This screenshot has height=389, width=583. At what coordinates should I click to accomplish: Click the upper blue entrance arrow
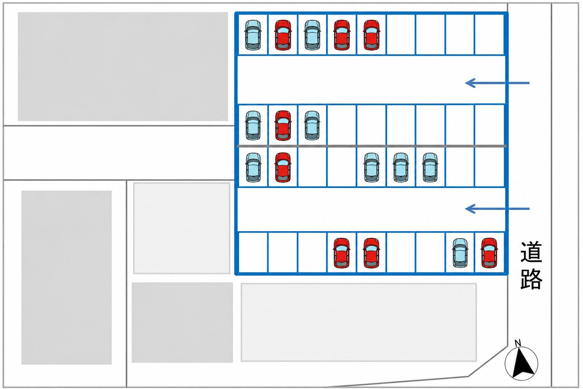497,83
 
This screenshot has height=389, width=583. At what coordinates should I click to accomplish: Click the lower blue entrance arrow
497,209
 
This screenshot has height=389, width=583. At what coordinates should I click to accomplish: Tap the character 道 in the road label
531,252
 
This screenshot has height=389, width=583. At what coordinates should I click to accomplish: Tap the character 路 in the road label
531,279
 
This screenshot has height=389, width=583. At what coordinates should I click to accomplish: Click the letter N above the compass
518,343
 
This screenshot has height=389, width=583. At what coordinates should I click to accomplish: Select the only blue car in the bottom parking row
460,253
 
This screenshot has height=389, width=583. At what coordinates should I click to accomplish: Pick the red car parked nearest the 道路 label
489,253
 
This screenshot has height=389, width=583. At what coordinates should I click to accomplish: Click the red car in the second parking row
283,126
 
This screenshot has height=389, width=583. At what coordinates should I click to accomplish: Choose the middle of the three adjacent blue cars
401,167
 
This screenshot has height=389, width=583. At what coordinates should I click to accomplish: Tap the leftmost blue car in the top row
253,35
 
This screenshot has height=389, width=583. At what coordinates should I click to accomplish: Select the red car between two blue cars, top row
283,35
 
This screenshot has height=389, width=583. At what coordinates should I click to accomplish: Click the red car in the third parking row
283,167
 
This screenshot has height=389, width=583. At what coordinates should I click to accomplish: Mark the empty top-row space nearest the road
490,35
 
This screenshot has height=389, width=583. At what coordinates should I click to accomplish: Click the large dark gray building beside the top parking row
123,66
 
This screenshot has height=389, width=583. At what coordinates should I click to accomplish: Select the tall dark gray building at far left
67,277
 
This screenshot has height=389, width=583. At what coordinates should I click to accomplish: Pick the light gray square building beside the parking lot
182,228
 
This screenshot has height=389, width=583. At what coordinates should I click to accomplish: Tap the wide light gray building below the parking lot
359,322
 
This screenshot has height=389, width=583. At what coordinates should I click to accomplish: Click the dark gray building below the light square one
182,323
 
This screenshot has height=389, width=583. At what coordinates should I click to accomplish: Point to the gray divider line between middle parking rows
372,146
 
